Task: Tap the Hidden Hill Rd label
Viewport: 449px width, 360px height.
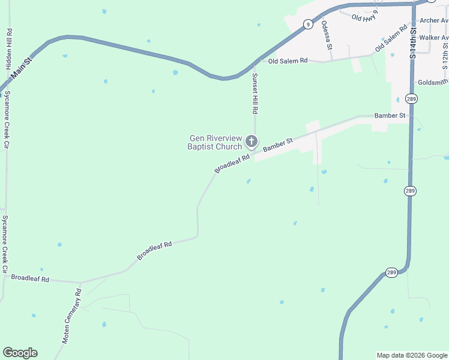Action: [9, 49]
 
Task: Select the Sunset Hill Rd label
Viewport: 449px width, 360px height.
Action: [255, 94]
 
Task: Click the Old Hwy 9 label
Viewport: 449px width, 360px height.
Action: [365, 17]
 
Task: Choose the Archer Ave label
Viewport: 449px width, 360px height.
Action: [433, 20]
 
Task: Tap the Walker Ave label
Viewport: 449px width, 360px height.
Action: [433, 37]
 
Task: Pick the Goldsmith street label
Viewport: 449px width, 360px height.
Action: [432, 82]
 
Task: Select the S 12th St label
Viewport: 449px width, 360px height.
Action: [445, 54]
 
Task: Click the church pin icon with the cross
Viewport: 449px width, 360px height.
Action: [252, 142]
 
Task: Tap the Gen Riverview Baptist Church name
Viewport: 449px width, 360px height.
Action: [215, 142]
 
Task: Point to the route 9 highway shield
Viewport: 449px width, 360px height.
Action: [308, 25]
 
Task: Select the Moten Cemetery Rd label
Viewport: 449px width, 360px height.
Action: [71, 316]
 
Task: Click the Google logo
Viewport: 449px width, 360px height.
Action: [20, 353]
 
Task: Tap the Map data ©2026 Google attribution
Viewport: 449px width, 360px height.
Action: [412, 355]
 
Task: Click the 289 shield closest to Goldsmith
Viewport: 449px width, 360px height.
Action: [411, 98]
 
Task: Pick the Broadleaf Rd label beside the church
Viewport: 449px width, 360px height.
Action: [231, 163]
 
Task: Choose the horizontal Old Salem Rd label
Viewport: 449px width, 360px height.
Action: [288, 61]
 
